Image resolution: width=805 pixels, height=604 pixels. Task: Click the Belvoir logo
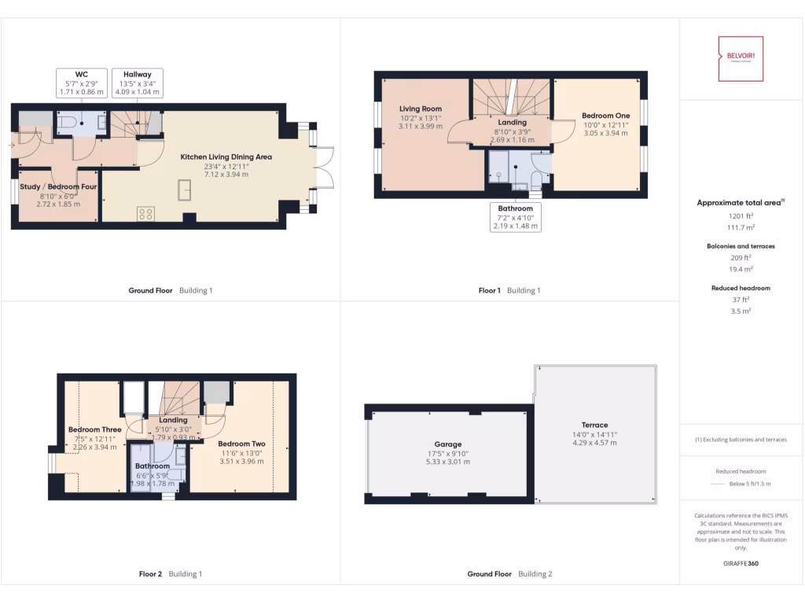(741, 58)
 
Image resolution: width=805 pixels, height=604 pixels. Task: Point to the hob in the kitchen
(145, 212)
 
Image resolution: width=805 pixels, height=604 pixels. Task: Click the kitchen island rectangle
(186, 190)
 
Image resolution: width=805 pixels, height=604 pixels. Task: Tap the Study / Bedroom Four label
(58, 187)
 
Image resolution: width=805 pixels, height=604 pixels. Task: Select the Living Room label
(420, 109)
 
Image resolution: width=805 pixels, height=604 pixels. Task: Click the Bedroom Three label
(94, 429)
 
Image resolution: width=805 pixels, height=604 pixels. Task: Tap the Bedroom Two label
(241, 444)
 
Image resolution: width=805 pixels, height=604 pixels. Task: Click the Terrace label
(595, 425)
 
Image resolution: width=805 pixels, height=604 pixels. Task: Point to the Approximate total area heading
(741, 203)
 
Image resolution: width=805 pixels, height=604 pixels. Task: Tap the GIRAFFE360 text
(741, 563)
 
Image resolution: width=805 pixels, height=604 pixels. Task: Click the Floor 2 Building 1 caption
(170, 574)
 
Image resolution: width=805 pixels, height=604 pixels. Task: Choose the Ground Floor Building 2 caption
(509, 574)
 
